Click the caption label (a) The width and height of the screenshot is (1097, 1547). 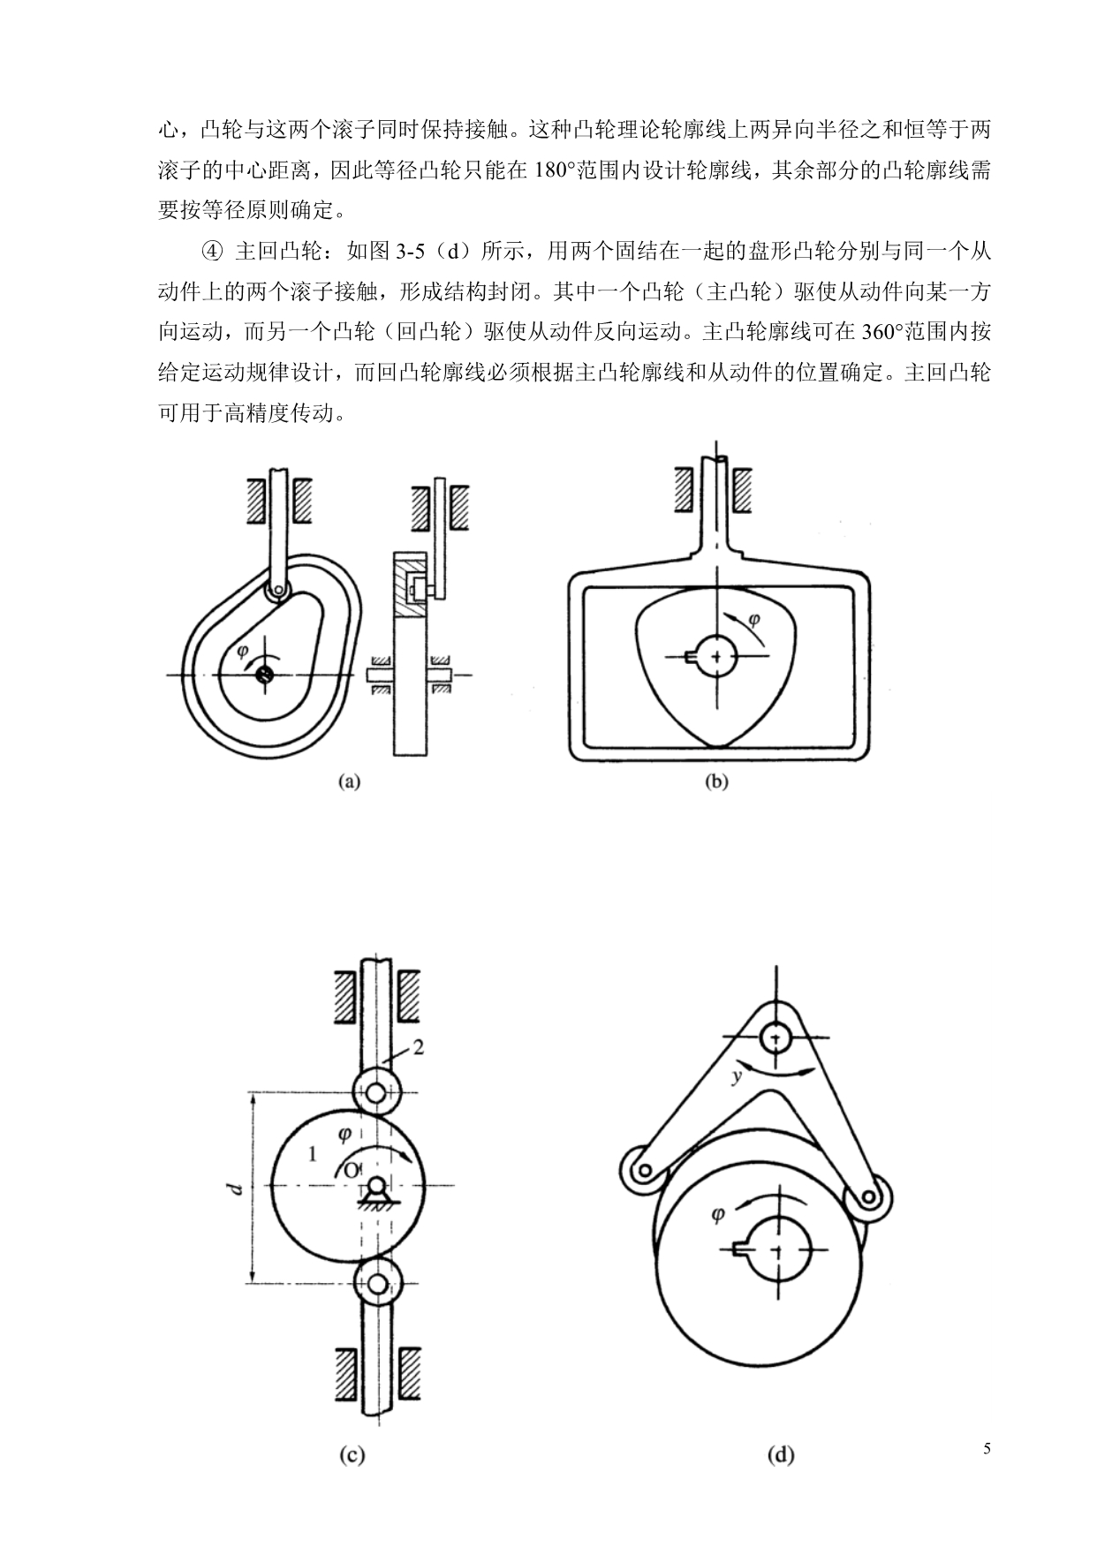351,781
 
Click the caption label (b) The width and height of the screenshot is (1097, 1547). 716,781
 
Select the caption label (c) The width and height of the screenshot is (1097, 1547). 352,1456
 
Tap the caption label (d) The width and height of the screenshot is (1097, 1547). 781,1456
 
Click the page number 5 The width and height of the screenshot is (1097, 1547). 987,1449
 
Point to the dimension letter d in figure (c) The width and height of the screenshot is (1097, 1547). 235,1189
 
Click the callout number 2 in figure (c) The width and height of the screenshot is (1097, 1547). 419,1047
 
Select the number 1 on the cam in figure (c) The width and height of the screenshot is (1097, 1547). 310,1153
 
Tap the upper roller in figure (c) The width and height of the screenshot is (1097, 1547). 377,1092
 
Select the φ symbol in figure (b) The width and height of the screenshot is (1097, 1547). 753,620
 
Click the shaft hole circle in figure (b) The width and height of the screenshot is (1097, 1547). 718,656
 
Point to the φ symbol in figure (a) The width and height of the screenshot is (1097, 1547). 242,652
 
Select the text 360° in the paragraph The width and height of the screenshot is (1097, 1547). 883,332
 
